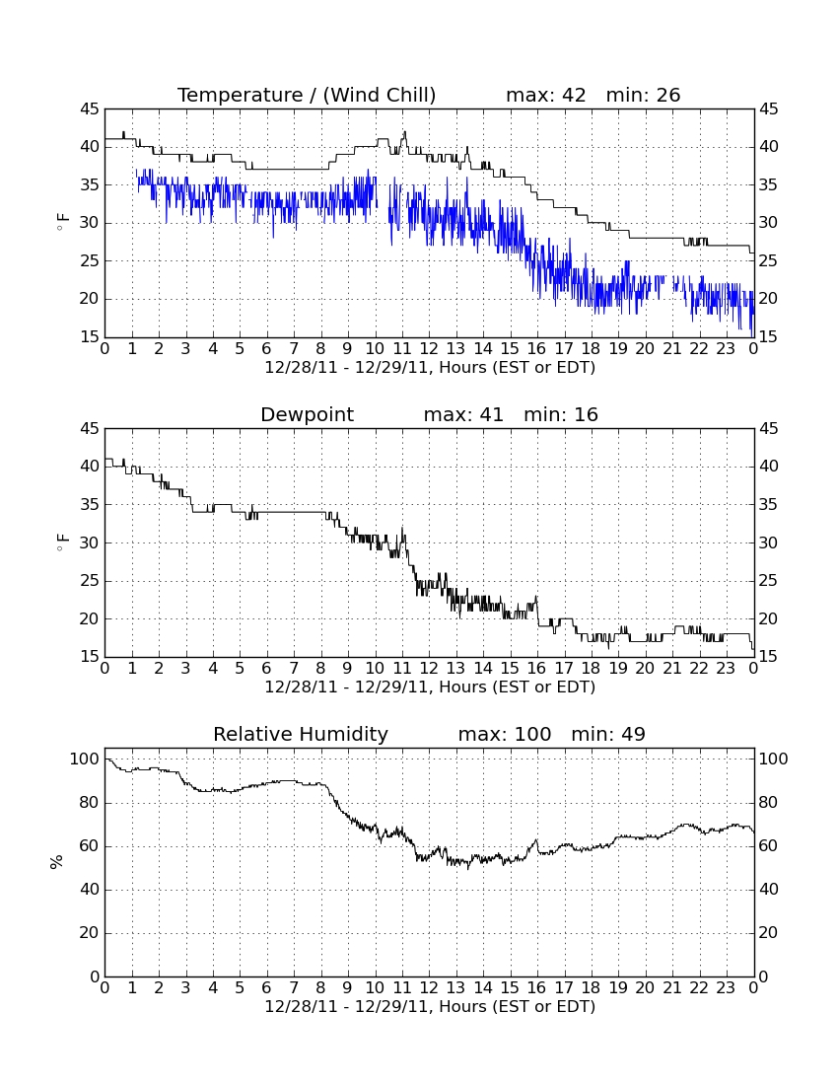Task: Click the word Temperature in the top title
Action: [x=240, y=95]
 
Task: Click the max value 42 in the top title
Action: [x=574, y=95]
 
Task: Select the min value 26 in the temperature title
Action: [x=667, y=95]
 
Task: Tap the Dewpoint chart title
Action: [x=307, y=415]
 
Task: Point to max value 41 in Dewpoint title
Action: [x=491, y=414]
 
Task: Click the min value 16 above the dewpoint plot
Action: [x=586, y=414]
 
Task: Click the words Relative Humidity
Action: [x=301, y=735]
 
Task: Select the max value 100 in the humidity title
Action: [x=533, y=734]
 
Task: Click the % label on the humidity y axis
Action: [x=57, y=862]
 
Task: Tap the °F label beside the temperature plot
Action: [x=62, y=223]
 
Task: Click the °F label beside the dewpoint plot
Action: [x=62, y=542]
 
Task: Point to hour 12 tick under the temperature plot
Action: [x=429, y=349]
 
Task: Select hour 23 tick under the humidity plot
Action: [x=726, y=988]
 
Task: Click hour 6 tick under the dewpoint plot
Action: [x=266, y=669]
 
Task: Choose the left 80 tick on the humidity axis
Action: [x=90, y=803]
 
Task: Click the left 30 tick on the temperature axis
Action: [x=90, y=223]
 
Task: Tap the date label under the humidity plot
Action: [x=430, y=1006]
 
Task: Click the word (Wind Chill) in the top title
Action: [x=379, y=95]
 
